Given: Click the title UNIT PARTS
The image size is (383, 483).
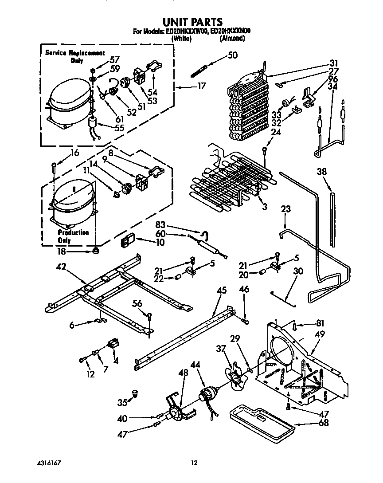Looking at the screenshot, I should click(x=192, y=22).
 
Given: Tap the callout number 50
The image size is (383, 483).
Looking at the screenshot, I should click(x=233, y=55).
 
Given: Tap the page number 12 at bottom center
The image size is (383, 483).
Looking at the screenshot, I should click(x=194, y=463).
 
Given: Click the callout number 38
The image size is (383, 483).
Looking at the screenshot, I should click(x=322, y=173).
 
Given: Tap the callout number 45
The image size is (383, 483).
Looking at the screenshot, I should click(x=222, y=291).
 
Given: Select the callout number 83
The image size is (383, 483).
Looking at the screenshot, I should click(x=161, y=225).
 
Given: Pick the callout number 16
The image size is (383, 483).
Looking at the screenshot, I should click(x=75, y=153).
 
